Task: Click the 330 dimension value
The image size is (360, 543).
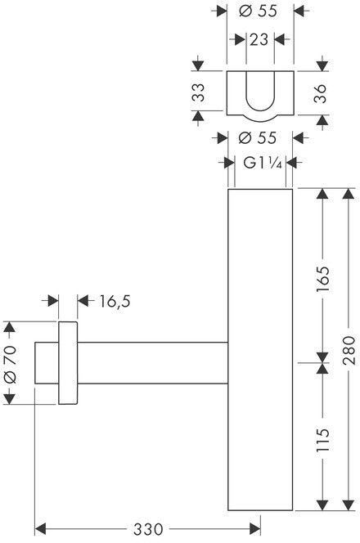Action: [x=147, y=529]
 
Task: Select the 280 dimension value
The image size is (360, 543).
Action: [x=349, y=350]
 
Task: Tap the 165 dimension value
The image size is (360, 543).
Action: [x=323, y=279]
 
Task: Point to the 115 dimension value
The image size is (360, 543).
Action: [x=323, y=439]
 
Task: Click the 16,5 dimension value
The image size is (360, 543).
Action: [x=115, y=301]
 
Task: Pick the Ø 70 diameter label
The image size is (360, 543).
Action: [x=10, y=364]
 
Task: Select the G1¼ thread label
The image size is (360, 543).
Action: [x=263, y=163]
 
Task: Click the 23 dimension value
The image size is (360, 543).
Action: [x=259, y=40]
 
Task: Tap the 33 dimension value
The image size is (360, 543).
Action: [x=199, y=92]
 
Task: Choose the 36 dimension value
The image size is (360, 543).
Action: [x=320, y=93]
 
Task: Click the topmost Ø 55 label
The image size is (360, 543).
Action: [x=258, y=11]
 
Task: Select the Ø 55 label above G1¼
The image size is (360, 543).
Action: [x=258, y=138]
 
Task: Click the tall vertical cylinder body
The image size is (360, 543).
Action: [x=260, y=350]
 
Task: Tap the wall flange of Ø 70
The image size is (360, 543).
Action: [x=68, y=363]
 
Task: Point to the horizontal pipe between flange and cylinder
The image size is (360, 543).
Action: [x=152, y=363]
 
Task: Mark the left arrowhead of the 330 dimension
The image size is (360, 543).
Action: [x=40, y=529]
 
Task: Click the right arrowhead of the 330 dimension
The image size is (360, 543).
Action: [x=255, y=529]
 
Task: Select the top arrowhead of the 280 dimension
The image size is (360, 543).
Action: [x=349, y=194]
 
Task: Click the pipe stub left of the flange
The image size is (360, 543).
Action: [x=47, y=363]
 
